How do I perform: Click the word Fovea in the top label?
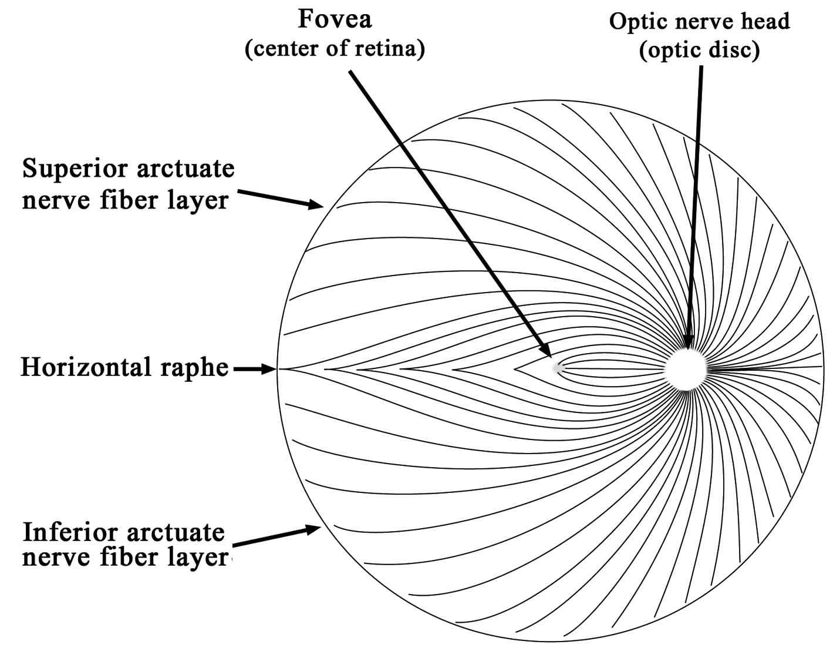[x=335, y=19]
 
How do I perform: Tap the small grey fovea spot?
[x=558, y=368]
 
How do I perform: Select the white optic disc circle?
[x=687, y=369]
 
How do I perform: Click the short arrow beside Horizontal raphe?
[x=254, y=370]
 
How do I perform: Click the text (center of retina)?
[x=334, y=49]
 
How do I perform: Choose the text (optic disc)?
[x=699, y=51]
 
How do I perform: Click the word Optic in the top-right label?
[x=633, y=22]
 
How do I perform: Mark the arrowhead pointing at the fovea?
[x=546, y=350]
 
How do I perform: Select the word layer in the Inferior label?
[x=198, y=557]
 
